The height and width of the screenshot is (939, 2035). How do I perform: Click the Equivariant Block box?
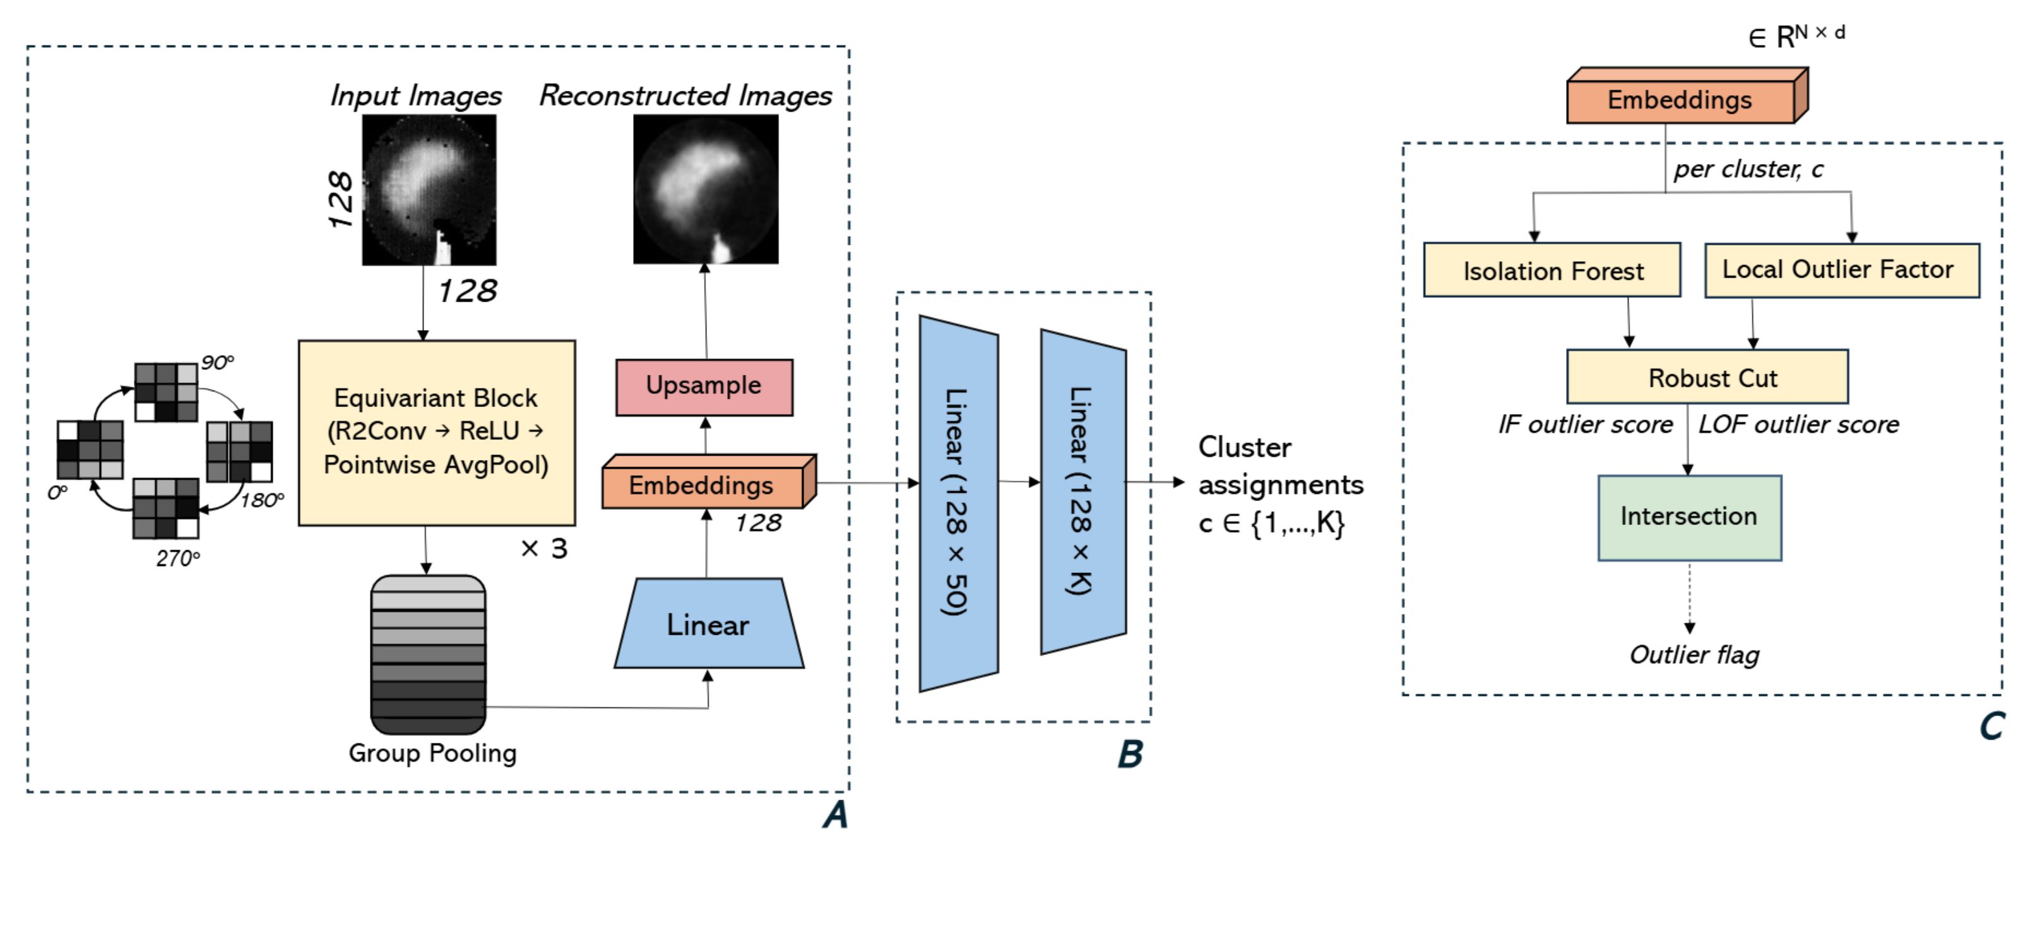(436, 432)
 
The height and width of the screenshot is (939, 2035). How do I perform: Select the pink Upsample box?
(704, 387)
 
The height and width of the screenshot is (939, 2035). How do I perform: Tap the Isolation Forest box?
(1551, 270)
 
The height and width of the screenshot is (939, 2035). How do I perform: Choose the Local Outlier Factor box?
(1841, 270)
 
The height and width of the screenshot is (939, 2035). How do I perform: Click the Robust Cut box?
(1707, 377)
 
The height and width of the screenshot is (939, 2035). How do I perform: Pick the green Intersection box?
(1689, 517)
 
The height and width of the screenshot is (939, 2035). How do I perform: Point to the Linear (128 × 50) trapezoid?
(958, 503)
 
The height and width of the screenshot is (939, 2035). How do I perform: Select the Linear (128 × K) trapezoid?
(1083, 491)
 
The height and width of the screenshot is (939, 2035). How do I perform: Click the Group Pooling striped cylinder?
(428, 654)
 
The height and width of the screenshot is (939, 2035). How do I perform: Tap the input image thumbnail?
(429, 189)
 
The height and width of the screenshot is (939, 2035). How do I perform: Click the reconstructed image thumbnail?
(706, 189)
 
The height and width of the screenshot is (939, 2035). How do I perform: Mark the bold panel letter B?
(1130, 754)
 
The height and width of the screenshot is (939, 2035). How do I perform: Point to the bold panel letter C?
(1991, 726)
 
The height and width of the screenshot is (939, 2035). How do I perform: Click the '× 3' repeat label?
(543, 548)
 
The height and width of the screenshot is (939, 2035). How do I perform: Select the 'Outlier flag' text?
(1694, 654)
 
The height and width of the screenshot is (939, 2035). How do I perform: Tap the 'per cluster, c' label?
(1747, 169)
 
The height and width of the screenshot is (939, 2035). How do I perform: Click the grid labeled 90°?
(166, 392)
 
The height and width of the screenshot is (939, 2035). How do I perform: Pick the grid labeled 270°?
(166, 508)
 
